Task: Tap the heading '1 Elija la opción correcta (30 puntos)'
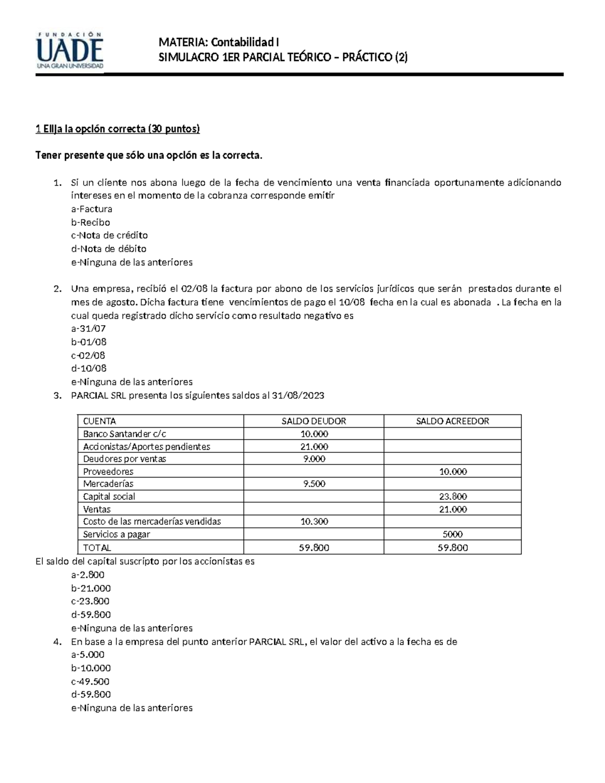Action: [117, 129]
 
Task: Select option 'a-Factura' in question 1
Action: [91, 209]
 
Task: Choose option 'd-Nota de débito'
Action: [109, 249]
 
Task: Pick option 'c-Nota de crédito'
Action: [109, 235]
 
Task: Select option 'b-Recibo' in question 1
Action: [90, 222]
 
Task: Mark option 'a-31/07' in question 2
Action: [88, 329]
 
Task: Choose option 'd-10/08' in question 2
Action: [89, 369]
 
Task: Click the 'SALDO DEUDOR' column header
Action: [314, 421]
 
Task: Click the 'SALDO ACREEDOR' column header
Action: [452, 421]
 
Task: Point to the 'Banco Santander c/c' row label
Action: [125, 434]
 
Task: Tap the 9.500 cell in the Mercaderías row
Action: [314, 484]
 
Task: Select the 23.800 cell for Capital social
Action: [452, 497]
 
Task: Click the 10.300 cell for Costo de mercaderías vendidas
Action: [314, 522]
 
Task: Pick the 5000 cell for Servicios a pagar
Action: [452, 534]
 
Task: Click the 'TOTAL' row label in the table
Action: [97, 548]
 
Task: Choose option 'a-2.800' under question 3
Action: [88, 575]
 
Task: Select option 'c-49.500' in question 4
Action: [90, 681]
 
